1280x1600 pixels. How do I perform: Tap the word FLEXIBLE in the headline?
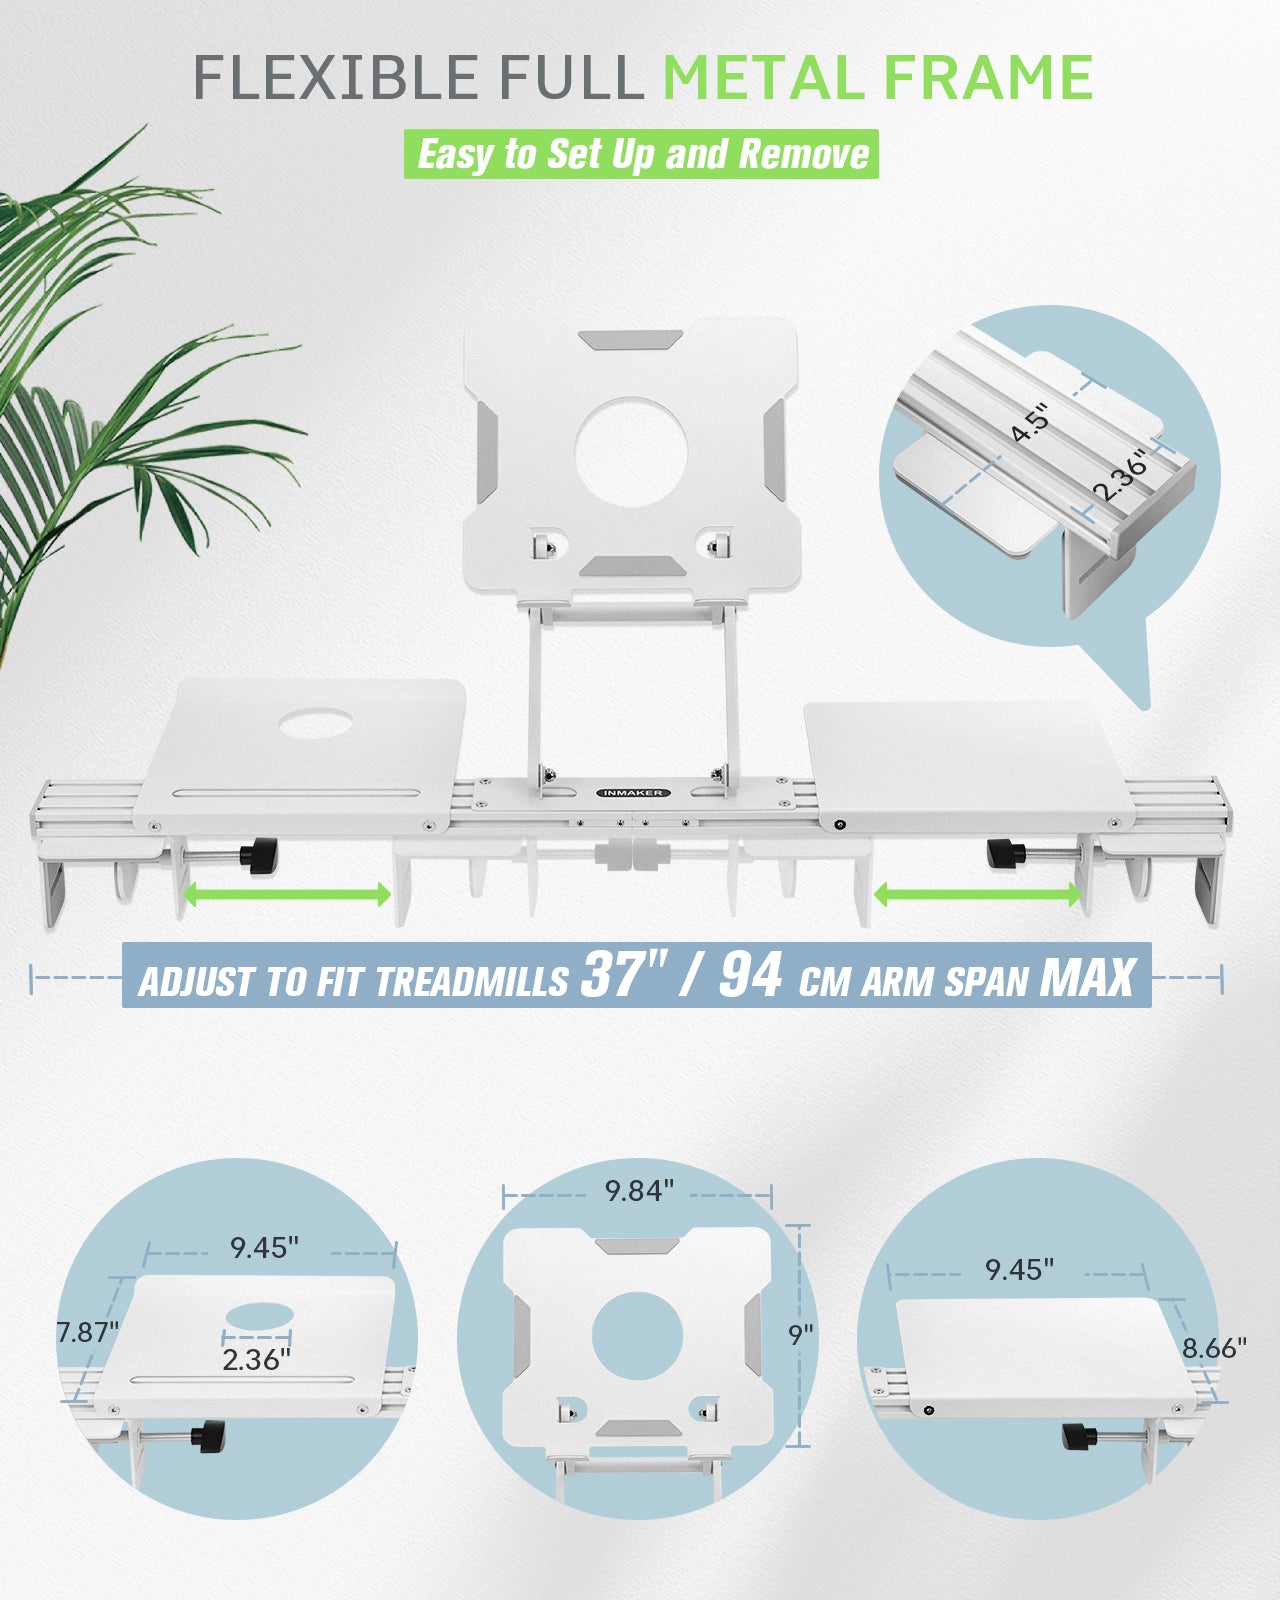click(x=335, y=77)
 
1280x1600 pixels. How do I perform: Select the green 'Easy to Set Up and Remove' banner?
click(x=641, y=154)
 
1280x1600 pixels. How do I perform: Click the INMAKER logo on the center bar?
click(x=633, y=793)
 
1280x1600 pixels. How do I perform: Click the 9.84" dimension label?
click(x=639, y=1190)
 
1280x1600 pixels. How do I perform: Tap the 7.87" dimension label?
click(x=88, y=1332)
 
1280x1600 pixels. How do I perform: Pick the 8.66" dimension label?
click(x=1215, y=1347)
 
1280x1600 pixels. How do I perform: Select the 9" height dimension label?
click(x=802, y=1335)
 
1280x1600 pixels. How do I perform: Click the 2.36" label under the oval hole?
click(x=257, y=1359)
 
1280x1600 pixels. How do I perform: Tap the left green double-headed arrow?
click(x=286, y=894)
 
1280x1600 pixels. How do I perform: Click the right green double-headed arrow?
click(x=977, y=894)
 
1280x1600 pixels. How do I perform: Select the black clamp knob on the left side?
click(x=263, y=857)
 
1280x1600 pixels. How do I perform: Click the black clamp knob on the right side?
click(x=1003, y=854)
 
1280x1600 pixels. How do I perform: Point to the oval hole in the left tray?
click(x=315, y=723)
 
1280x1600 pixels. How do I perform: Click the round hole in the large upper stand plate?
click(x=631, y=453)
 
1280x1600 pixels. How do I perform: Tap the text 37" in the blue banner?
click(x=621, y=974)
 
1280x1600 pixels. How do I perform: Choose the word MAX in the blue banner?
click(x=1088, y=976)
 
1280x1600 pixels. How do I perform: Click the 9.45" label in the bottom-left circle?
click(x=264, y=1247)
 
